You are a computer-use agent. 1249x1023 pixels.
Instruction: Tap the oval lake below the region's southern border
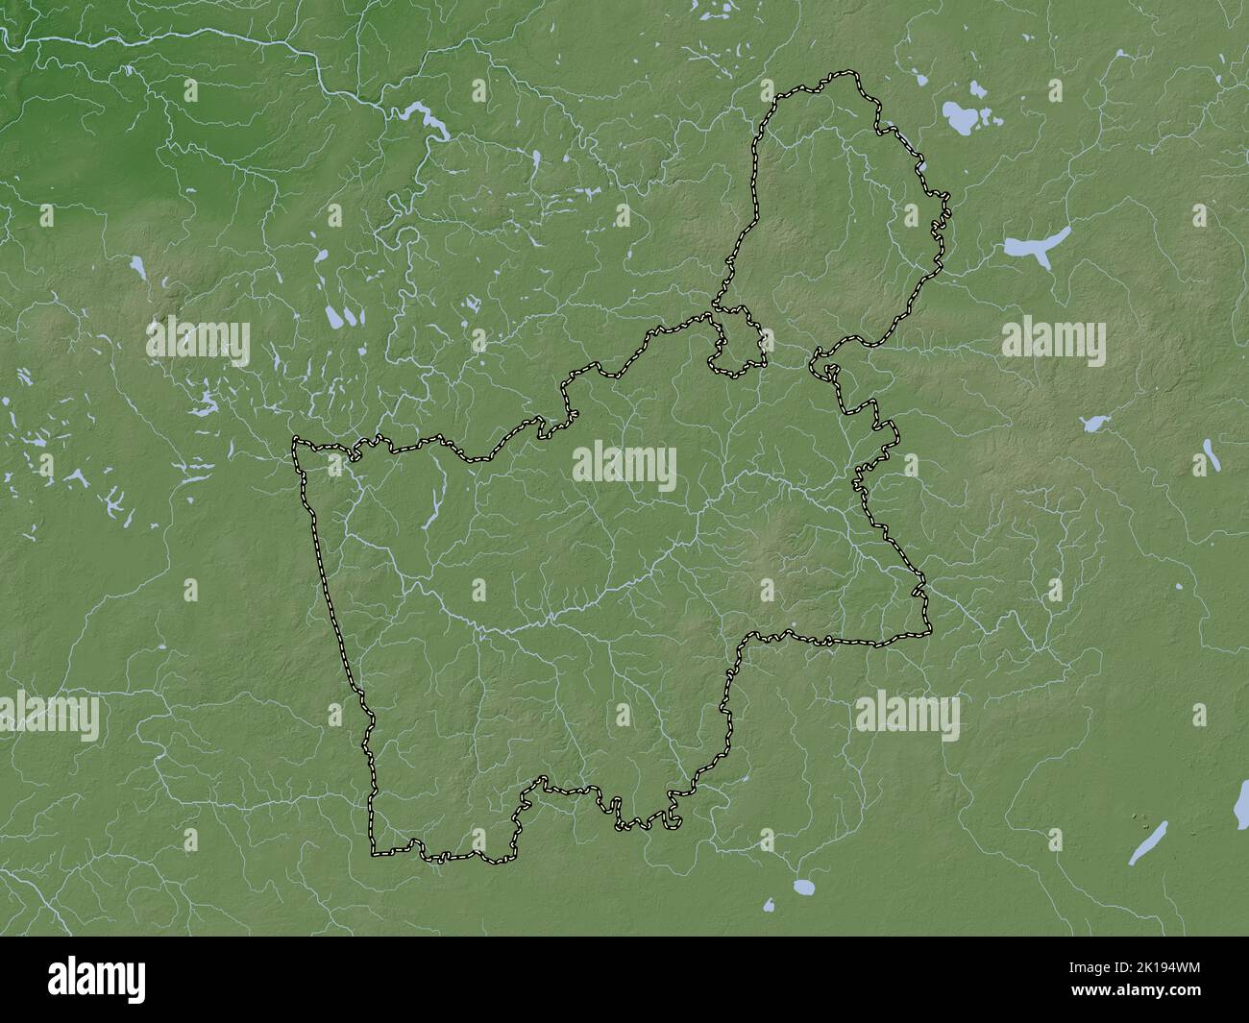(x=803, y=886)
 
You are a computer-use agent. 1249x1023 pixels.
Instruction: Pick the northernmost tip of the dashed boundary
(x=845, y=72)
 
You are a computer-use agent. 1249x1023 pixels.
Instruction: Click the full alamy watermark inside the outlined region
(x=624, y=468)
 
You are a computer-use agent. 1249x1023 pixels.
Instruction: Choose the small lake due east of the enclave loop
(x=1092, y=423)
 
